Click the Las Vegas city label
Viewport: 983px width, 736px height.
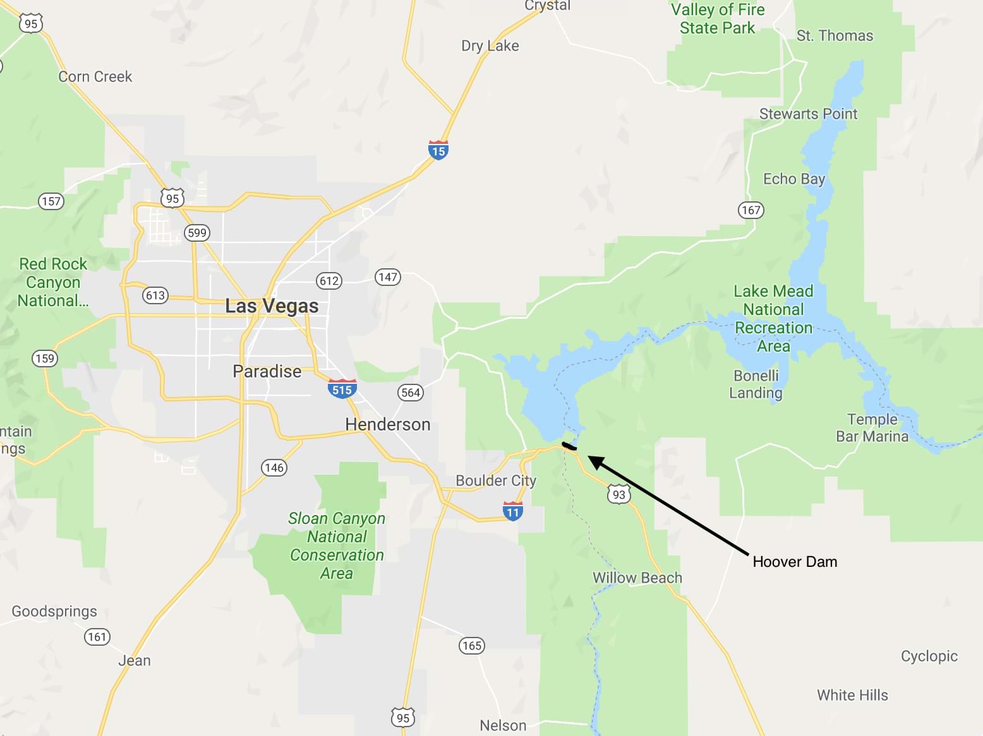pyautogui.click(x=272, y=306)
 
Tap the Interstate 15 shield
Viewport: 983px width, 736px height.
pyautogui.click(x=438, y=151)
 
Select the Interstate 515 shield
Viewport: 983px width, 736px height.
pyautogui.click(x=342, y=389)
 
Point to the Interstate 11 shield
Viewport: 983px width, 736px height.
pyautogui.click(x=513, y=512)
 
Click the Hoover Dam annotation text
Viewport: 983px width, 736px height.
pyautogui.click(x=795, y=562)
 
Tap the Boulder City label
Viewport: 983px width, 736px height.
pyautogui.click(x=496, y=481)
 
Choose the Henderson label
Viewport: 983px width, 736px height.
pyautogui.click(x=388, y=424)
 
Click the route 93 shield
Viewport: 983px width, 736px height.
pyautogui.click(x=618, y=494)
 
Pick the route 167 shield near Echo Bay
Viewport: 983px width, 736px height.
pyautogui.click(x=751, y=210)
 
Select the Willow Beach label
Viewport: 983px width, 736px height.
pyautogui.click(x=637, y=578)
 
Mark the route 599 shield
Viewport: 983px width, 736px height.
pyautogui.click(x=197, y=232)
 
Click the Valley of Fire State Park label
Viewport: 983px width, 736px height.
pyautogui.click(x=718, y=19)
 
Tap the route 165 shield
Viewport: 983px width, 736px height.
pyautogui.click(x=472, y=645)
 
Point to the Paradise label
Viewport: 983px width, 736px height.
pyautogui.click(x=267, y=371)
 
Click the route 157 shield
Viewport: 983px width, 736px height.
pyautogui.click(x=51, y=201)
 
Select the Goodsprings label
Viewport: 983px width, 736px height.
pyautogui.click(x=54, y=611)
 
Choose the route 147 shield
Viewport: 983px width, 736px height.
pyautogui.click(x=388, y=276)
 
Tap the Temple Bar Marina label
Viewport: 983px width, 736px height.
pyautogui.click(x=872, y=428)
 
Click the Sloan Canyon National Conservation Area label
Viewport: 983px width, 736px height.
pyautogui.click(x=337, y=546)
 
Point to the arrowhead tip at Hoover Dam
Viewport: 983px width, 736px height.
pyautogui.click(x=589, y=457)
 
